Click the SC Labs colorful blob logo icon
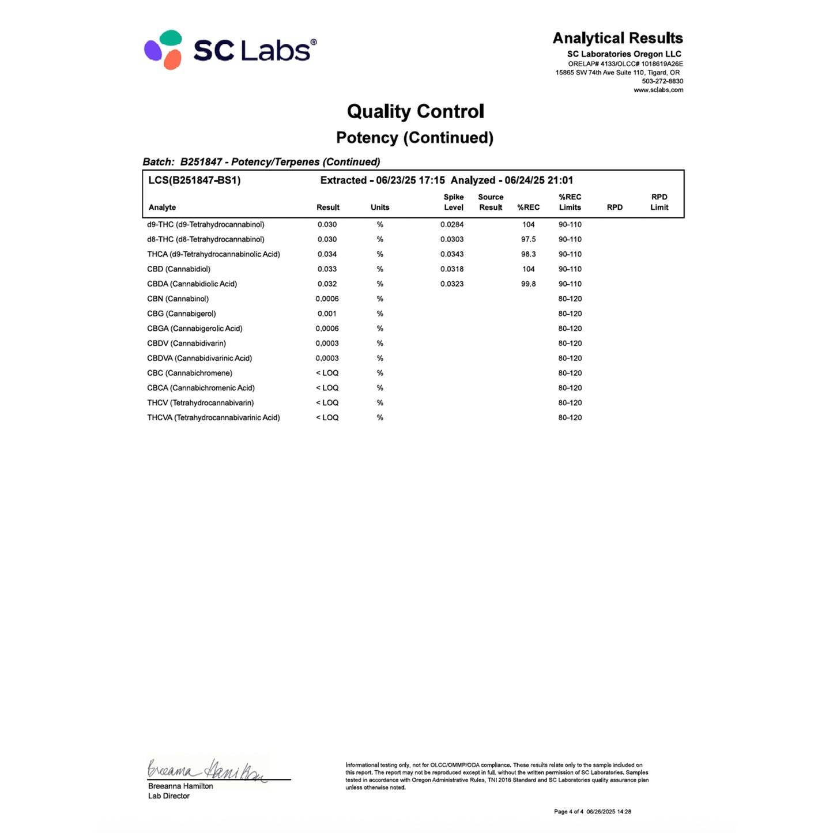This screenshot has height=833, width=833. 163,50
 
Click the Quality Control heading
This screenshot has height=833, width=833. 415,111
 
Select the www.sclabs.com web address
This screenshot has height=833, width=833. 658,90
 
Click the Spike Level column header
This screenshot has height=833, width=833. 453,202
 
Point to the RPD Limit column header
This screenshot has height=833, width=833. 659,202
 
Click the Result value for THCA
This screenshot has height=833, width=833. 327,254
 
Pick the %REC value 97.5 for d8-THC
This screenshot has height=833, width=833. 528,239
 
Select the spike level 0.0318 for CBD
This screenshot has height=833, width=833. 452,269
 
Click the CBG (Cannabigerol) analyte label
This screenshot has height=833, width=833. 181,314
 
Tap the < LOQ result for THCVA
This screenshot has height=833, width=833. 327,417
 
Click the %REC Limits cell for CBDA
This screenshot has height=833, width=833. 570,284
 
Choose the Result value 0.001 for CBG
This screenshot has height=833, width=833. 327,314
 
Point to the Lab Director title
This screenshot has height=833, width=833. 169,796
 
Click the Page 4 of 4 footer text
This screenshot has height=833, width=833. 568,812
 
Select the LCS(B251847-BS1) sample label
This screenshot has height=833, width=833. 194,180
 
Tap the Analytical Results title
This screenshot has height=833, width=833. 617,38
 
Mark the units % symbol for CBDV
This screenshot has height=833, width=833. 380,344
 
